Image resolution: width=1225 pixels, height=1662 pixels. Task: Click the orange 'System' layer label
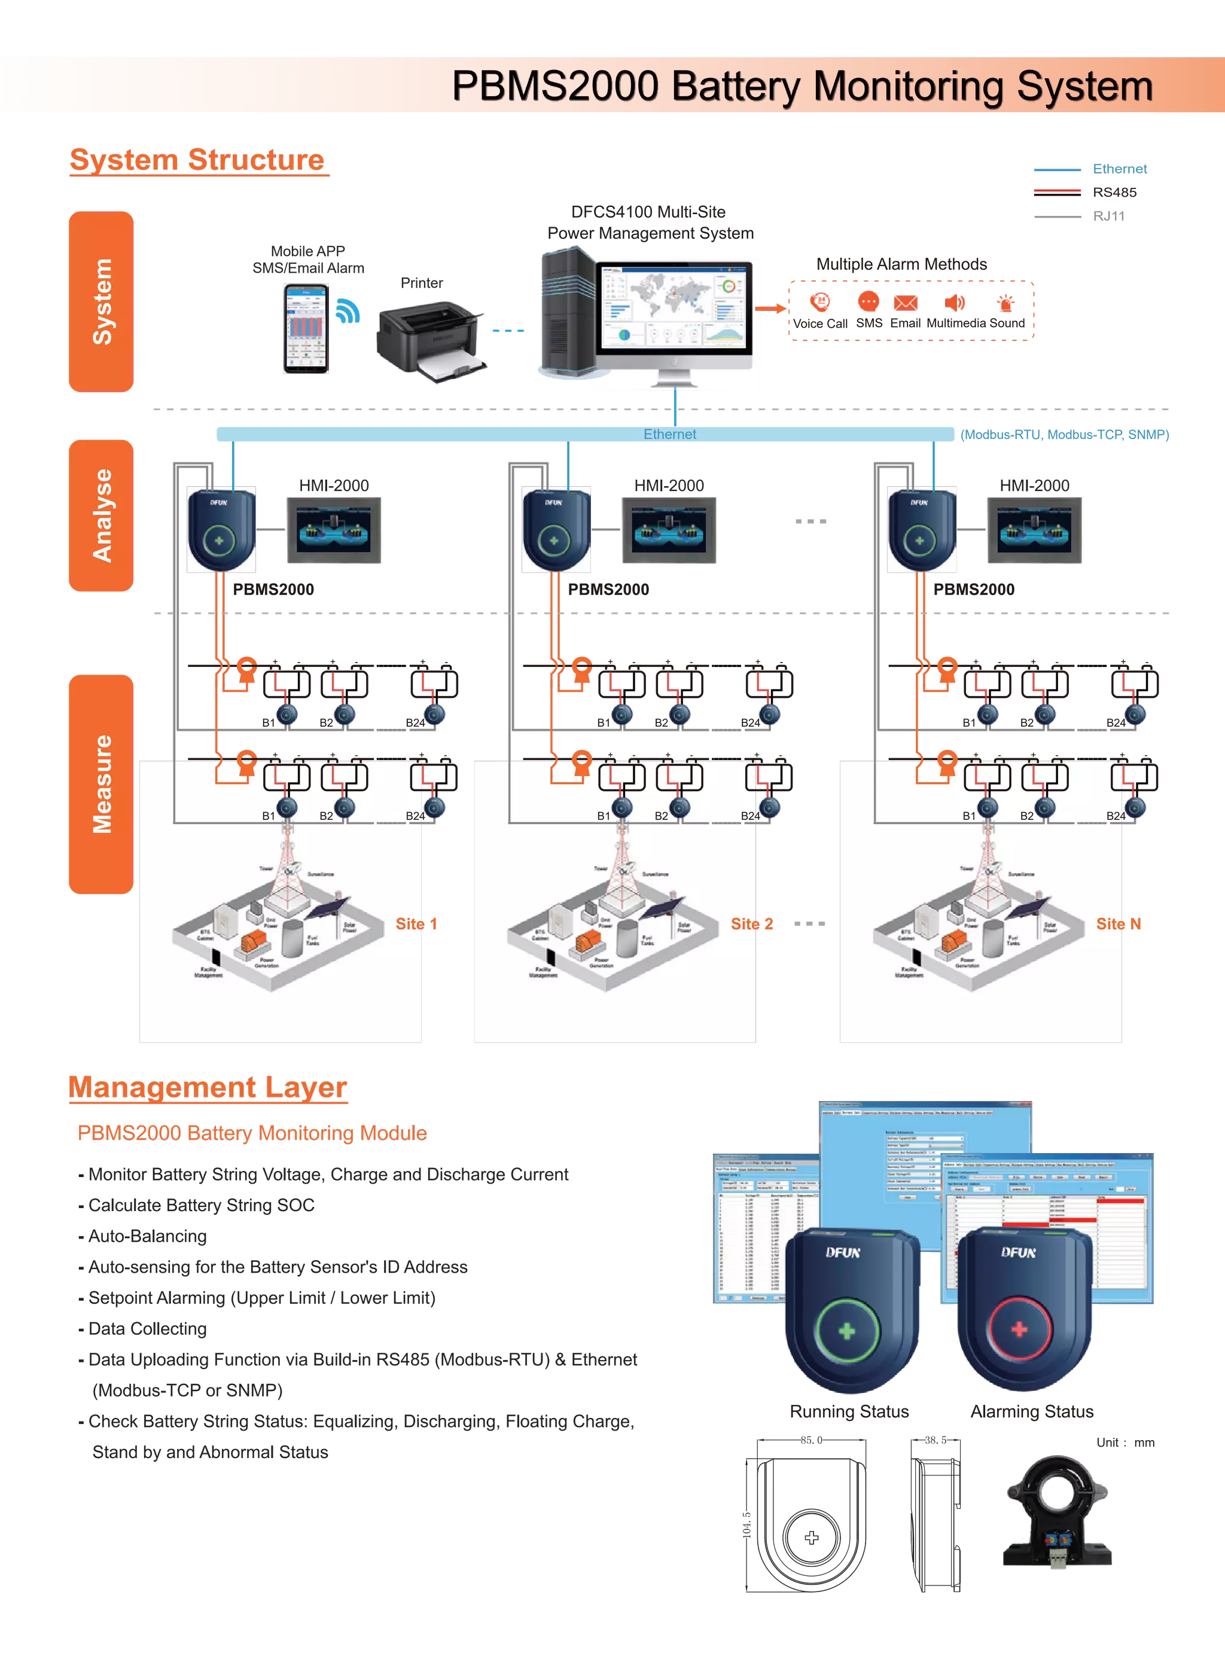(101, 301)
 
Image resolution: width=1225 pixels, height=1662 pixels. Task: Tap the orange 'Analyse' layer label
(101, 515)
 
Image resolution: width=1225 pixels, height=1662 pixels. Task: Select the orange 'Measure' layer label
(101, 783)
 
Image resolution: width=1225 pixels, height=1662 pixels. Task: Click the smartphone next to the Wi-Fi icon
(305, 328)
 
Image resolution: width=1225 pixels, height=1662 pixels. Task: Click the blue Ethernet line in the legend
(1058, 170)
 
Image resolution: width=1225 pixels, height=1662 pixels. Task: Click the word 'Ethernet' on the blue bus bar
(669, 434)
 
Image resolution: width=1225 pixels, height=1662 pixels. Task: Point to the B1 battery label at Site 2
(604, 815)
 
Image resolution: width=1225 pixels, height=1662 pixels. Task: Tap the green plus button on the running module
(847, 1331)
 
